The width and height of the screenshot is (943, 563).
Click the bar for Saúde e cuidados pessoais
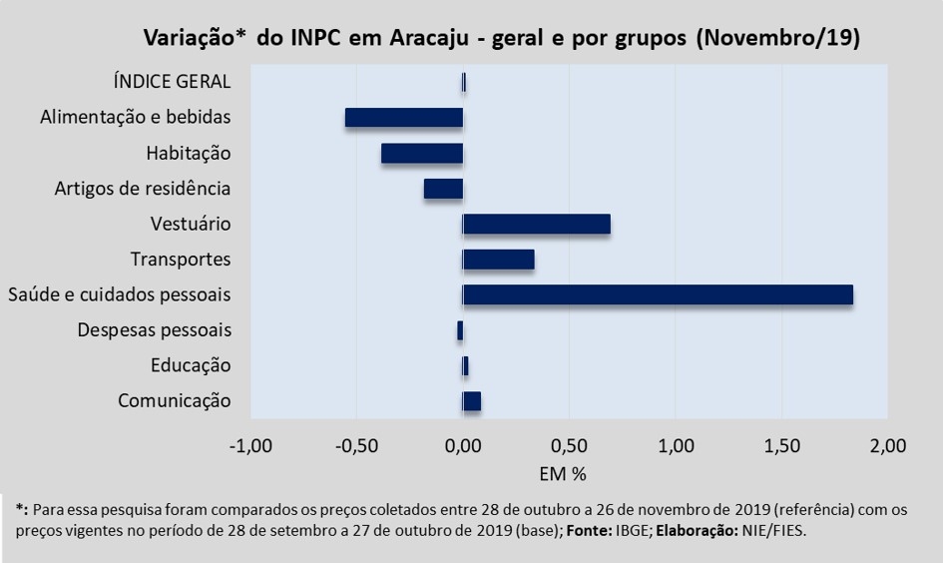coord(658,294)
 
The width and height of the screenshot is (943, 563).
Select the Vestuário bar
coord(537,224)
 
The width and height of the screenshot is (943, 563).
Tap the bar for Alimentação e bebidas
coord(404,118)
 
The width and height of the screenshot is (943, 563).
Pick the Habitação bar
coord(422,153)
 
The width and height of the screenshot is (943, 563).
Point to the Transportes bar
coord(499,260)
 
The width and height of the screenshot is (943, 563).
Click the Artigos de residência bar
coord(443,189)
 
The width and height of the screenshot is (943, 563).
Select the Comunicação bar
coord(472,401)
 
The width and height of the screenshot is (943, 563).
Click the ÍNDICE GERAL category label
coord(173,82)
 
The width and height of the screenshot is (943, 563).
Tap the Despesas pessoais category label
coord(154,330)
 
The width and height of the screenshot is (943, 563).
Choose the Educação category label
coord(191,365)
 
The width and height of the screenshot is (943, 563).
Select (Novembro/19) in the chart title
coord(777,39)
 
